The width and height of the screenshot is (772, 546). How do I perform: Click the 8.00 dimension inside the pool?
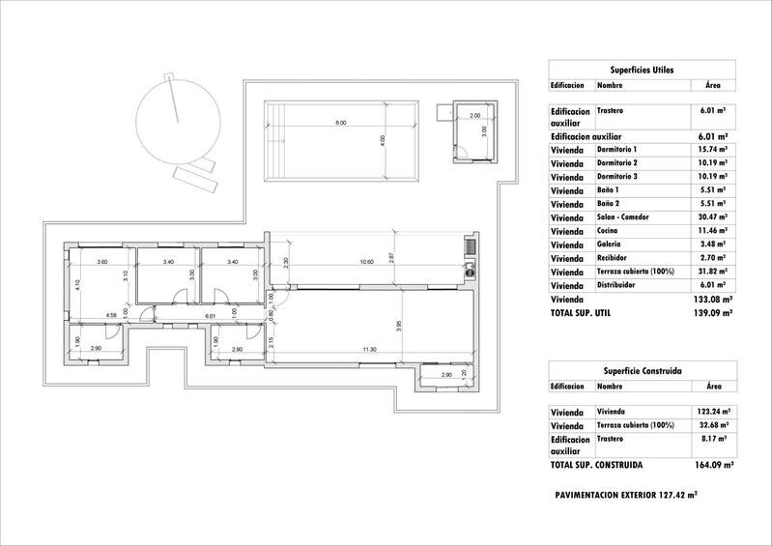pos(340,123)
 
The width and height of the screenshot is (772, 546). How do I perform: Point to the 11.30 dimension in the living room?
pos(368,349)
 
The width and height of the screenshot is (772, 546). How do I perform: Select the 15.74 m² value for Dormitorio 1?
pos(708,150)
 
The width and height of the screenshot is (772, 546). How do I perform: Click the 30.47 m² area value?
pos(708,217)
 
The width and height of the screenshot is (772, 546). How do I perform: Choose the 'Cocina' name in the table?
pos(610,231)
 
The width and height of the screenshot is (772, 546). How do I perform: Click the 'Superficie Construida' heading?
pos(642,370)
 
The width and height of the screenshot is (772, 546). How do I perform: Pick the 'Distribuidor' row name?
pos(619,285)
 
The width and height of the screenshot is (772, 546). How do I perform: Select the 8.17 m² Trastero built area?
pos(708,438)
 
